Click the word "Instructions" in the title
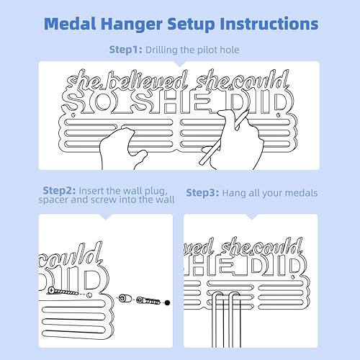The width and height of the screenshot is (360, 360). (261, 24)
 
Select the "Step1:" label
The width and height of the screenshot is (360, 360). (127, 50)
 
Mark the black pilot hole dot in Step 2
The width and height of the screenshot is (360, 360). (167, 302)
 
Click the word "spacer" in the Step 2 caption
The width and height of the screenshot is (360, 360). (62, 203)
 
